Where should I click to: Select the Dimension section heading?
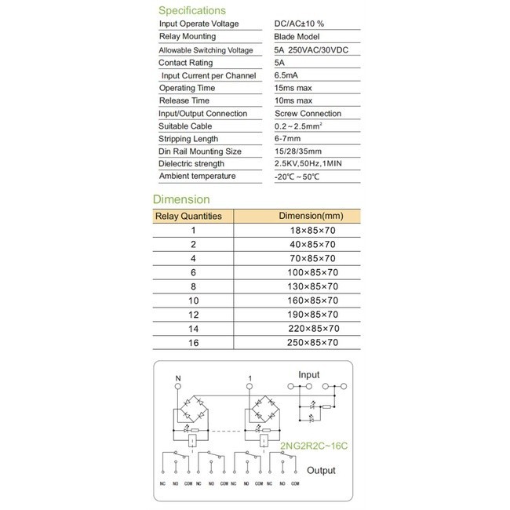[x=180, y=199]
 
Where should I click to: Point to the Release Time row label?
[x=185, y=101]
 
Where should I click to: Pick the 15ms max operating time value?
[x=293, y=89]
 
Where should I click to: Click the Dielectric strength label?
[x=191, y=164]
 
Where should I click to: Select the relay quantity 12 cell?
[x=193, y=315]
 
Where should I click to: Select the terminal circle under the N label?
[x=178, y=388]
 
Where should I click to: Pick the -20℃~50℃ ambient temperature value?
[x=297, y=177]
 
